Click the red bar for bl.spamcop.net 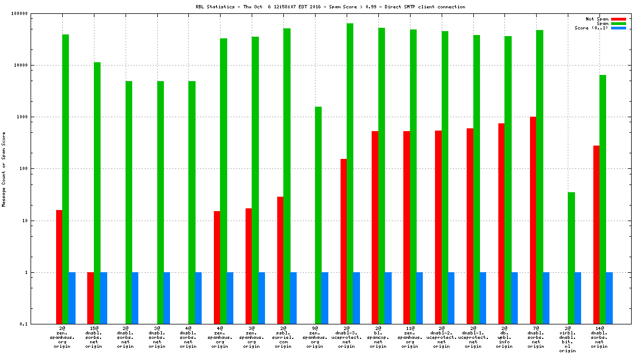[375, 227]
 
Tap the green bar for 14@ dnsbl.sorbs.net [603, 199]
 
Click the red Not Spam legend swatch [618, 19]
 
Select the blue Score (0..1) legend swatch [618, 28]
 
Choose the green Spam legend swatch [618, 23]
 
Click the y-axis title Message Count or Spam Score [4, 169]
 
